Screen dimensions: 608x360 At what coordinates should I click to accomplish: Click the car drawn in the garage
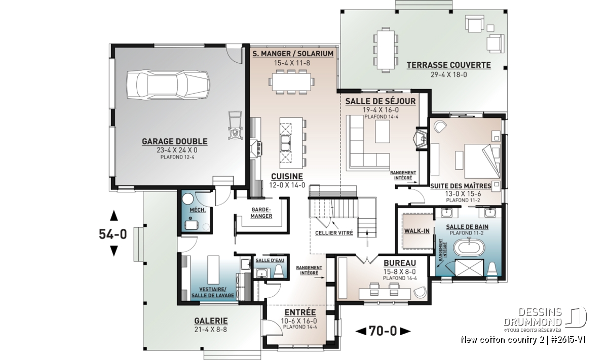pyautogui.click(x=168, y=85)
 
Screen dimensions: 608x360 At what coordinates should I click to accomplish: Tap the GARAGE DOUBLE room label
pyautogui.click(x=174, y=141)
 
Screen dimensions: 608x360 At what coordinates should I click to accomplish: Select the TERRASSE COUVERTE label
pyautogui.click(x=449, y=65)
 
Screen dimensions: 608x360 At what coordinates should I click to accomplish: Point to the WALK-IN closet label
pyautogui.click(x=417, y=231)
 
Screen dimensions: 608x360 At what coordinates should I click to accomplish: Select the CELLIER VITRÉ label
pyautogui.click(x=334, y=233)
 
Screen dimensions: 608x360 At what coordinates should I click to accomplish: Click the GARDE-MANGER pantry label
pyautogui.click(x=261, y=213)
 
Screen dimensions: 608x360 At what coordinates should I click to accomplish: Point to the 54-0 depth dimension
pyautogui.click(x=113, y=234)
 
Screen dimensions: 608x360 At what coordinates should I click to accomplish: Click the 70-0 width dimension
pyautogui.click(x=383, y=331)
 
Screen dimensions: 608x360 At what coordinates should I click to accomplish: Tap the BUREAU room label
pyautogui.click(x=400, y=263)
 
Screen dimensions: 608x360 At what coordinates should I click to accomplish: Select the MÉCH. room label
pyautogui.click(x=198, y=210)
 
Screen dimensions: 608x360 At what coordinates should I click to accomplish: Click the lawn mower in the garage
pyautogui.click(x=235, y=126)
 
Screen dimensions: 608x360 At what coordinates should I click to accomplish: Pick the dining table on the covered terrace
pyautogui.click(x=386, y=50)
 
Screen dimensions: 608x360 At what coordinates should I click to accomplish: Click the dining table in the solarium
pyautogui.click(x=291, y=82)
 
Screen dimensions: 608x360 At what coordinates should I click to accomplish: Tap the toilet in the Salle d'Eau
pyautogui.click(x=279, y=271)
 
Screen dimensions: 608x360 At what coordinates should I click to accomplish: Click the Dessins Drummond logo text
pyautogui.click(x=533, y=317)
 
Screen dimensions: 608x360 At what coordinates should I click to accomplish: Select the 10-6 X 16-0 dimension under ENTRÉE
pyautogui.click(x=299, y=321)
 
